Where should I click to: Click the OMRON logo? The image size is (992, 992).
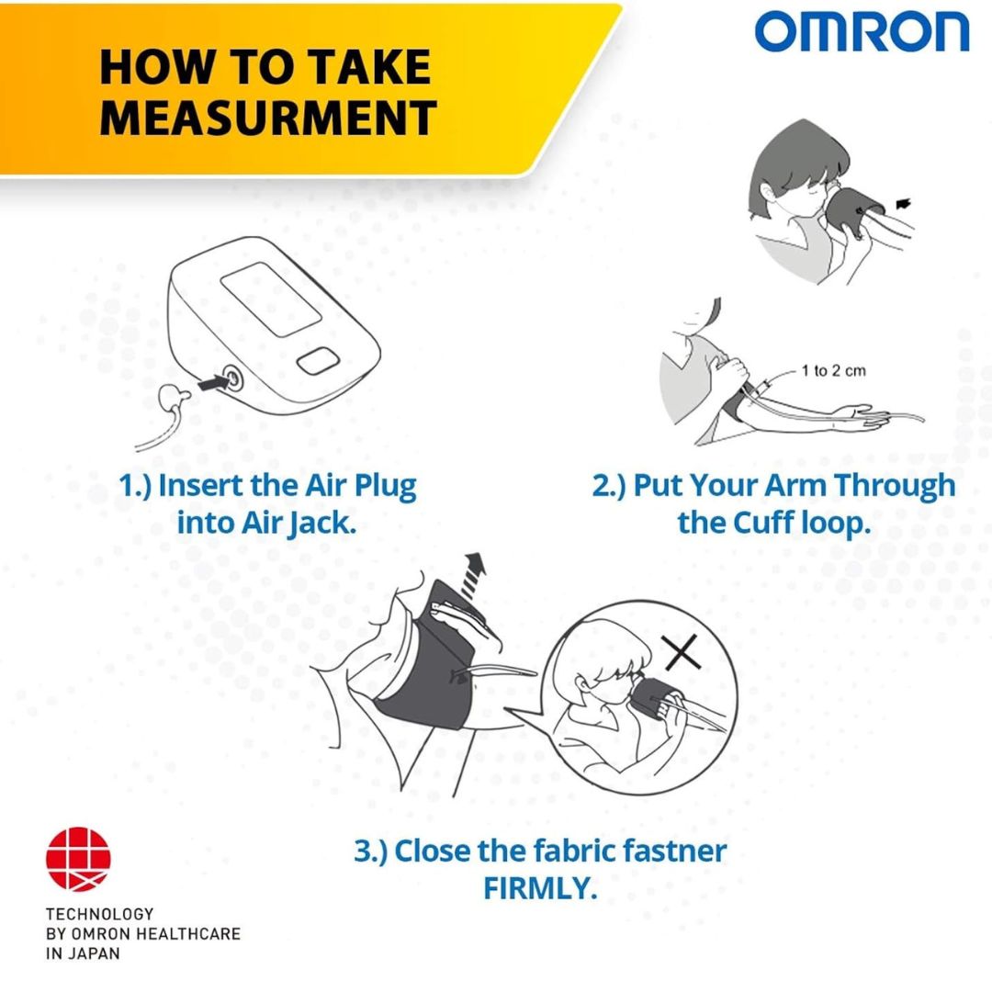point(862,32)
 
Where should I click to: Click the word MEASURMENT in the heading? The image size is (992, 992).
point(268,118)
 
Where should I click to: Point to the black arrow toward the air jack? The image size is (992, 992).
point(211,382)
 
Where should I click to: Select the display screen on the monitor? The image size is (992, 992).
point(271,299)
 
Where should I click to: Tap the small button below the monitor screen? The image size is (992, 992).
point(318,361)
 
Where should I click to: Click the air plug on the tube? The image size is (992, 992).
point(173,398)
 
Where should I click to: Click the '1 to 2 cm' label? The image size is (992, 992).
point(833,371)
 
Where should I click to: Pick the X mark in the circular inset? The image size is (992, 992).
point(682,651)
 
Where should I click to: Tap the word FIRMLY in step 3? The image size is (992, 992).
point(540,888)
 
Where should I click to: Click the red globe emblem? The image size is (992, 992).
point(78,859)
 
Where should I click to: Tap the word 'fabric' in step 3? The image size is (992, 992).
point(574,851)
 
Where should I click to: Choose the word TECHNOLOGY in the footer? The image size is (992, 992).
point(99,914)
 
